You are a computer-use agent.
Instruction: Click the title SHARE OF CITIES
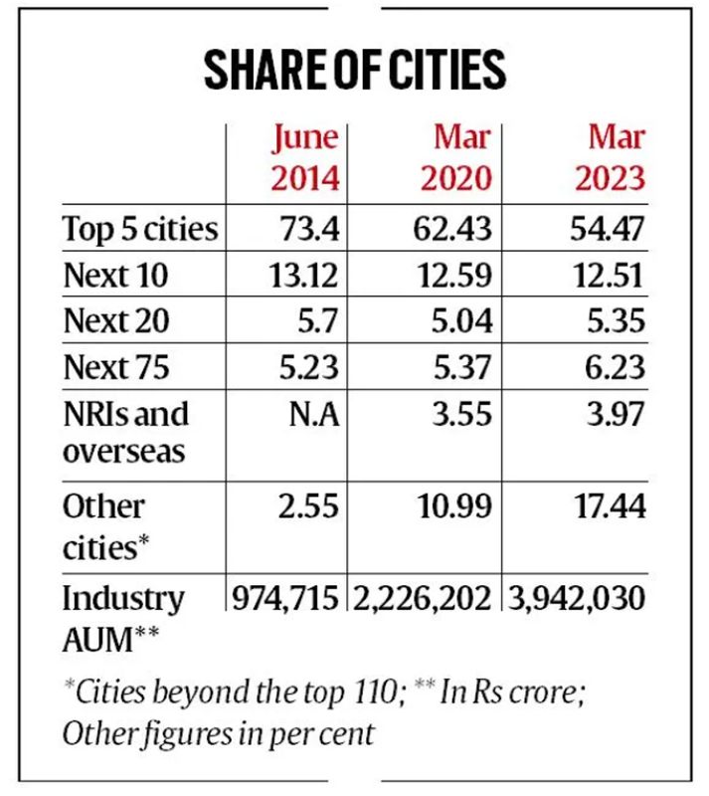(x=354, y=70)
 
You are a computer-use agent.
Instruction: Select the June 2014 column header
(x=305, y=157)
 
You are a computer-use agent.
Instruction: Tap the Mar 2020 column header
(x=456, y=157)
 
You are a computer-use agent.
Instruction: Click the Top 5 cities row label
(x=140, y=228)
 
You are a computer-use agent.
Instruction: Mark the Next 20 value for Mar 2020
(x=459, y=320)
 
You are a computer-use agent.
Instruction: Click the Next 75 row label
(x=116, y=367)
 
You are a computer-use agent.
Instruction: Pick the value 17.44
(x=608, y=506)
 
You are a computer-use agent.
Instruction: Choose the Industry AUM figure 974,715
(x=286, y=599)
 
